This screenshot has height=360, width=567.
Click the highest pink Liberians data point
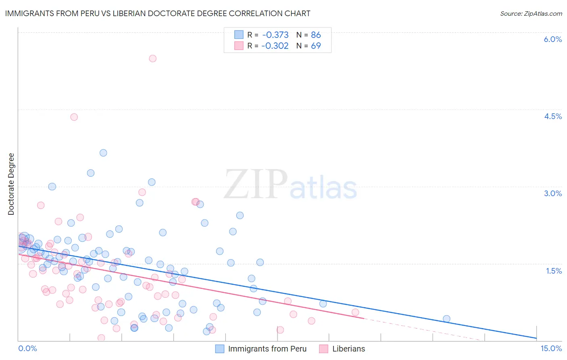[152, 59]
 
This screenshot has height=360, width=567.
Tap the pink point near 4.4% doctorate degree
[74, 117]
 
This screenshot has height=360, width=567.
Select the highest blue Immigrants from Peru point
[103, 153]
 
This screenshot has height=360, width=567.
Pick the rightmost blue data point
[446, 319]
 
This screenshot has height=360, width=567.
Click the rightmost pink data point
[355, 312]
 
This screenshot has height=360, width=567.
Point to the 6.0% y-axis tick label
[552, 39]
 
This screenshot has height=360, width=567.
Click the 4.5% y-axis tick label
[552, 116]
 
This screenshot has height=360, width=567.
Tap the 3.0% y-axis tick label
[552, 193]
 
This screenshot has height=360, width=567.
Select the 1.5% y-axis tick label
[554, 271]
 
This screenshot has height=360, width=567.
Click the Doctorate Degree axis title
[11, 184]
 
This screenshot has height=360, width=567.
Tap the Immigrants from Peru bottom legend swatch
[219, 349]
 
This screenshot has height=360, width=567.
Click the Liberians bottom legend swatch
[323, 349]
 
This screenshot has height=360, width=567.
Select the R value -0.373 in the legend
[275, 35]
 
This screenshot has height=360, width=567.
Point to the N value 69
[316, 46]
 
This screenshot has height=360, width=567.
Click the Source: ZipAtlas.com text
[531, 13]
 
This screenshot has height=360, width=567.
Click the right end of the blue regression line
[536, 338]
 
